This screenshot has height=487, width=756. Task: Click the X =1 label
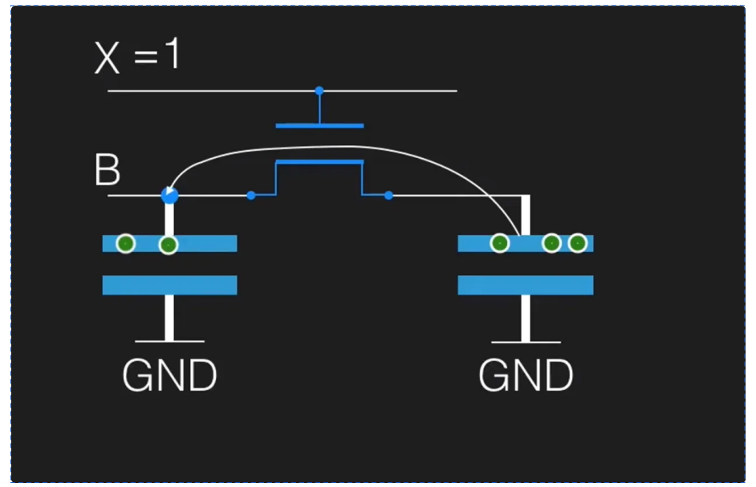point(138,58)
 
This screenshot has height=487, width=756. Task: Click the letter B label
point(108,170)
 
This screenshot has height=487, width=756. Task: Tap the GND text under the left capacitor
point(169,375)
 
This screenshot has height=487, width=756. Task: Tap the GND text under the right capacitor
point(526,375)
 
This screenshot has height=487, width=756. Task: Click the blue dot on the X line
point(319,91)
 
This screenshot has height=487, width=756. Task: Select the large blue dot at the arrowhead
point(169,194)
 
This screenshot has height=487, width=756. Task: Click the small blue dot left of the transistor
point(251,195)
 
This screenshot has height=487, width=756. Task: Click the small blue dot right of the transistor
point(388,195)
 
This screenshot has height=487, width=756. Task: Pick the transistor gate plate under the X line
point(319,125)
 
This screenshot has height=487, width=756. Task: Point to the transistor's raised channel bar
point(319,162)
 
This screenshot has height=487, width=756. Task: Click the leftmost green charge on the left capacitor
point(125,243)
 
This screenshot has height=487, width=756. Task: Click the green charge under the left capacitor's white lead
point(168,245)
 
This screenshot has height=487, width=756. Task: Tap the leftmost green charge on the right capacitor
point(499,242)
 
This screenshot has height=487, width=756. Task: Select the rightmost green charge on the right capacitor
point(577,242)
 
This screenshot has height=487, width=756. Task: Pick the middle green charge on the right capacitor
point(551,242)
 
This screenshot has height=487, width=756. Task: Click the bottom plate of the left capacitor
point(169,285)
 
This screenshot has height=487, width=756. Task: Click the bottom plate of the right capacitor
point(526,285)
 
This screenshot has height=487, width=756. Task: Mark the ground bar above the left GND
point(169,341)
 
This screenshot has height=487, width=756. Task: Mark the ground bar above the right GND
point(526,342)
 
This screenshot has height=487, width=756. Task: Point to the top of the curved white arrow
point(337,147)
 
